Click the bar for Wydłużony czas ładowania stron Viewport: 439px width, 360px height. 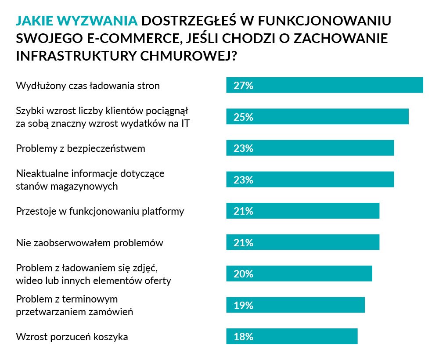coord(324,85)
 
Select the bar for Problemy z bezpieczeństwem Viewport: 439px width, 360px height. coord(310,148)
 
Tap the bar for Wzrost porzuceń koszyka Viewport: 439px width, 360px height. coord(292,337)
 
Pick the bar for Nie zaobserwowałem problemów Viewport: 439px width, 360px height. coord(302,242)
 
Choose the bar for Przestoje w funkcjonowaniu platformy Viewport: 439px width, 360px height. coord(302,211)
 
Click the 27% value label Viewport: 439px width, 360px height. coord(244,86)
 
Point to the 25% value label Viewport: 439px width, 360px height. coord(244,117)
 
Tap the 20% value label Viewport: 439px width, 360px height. coord(244,274)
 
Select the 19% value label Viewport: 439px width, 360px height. coord(244,306)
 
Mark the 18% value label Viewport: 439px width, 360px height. coord(244,337)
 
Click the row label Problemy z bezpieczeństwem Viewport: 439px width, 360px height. coord(80,148)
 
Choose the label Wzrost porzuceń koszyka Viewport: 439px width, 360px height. coord(72,337)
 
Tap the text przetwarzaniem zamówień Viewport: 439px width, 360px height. coord(74,312)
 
